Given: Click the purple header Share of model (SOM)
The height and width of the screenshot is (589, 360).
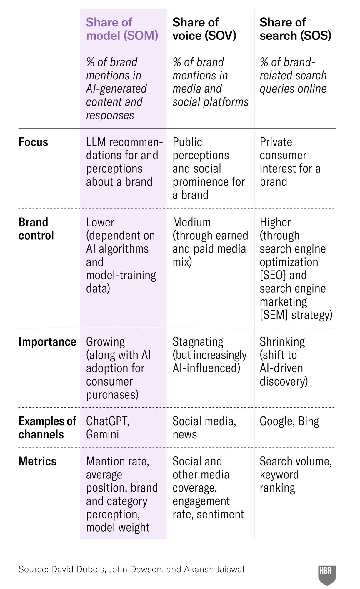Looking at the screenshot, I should (122, 29).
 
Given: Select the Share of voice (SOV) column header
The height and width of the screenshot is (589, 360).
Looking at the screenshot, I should (204, 29).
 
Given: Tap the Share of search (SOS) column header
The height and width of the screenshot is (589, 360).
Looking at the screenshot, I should (295, 29).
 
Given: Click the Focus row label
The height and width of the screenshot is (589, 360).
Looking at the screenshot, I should (33, 142).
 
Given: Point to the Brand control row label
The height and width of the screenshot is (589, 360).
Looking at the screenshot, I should (36, 229).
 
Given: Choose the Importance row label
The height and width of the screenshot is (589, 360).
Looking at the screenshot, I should (47, 342).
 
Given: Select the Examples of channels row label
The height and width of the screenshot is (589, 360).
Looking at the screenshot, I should (47, 428).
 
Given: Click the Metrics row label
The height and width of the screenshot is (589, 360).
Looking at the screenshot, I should (37, 461).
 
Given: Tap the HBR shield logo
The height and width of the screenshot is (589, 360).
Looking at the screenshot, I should (327, 574).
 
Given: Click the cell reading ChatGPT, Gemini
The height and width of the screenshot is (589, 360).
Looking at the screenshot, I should (108, 428).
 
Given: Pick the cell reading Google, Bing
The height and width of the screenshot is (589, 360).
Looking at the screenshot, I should (289, 421).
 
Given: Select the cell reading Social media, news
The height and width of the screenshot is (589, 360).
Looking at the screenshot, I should (204, 428).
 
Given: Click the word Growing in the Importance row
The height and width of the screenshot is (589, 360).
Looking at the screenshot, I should (105, 342).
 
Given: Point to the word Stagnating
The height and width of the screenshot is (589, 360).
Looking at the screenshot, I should (198, 342).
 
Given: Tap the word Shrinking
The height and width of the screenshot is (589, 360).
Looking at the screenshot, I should (282, 342).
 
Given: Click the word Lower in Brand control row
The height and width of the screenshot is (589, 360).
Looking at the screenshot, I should (100, 222).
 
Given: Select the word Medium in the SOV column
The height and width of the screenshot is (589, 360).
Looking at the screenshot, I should (192, 222).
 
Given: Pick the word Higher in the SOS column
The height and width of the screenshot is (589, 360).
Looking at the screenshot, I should (275, 222).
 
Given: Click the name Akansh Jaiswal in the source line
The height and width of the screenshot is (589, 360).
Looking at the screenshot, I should (214, 569).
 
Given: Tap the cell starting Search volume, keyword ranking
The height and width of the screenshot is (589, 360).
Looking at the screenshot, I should (295, 474).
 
